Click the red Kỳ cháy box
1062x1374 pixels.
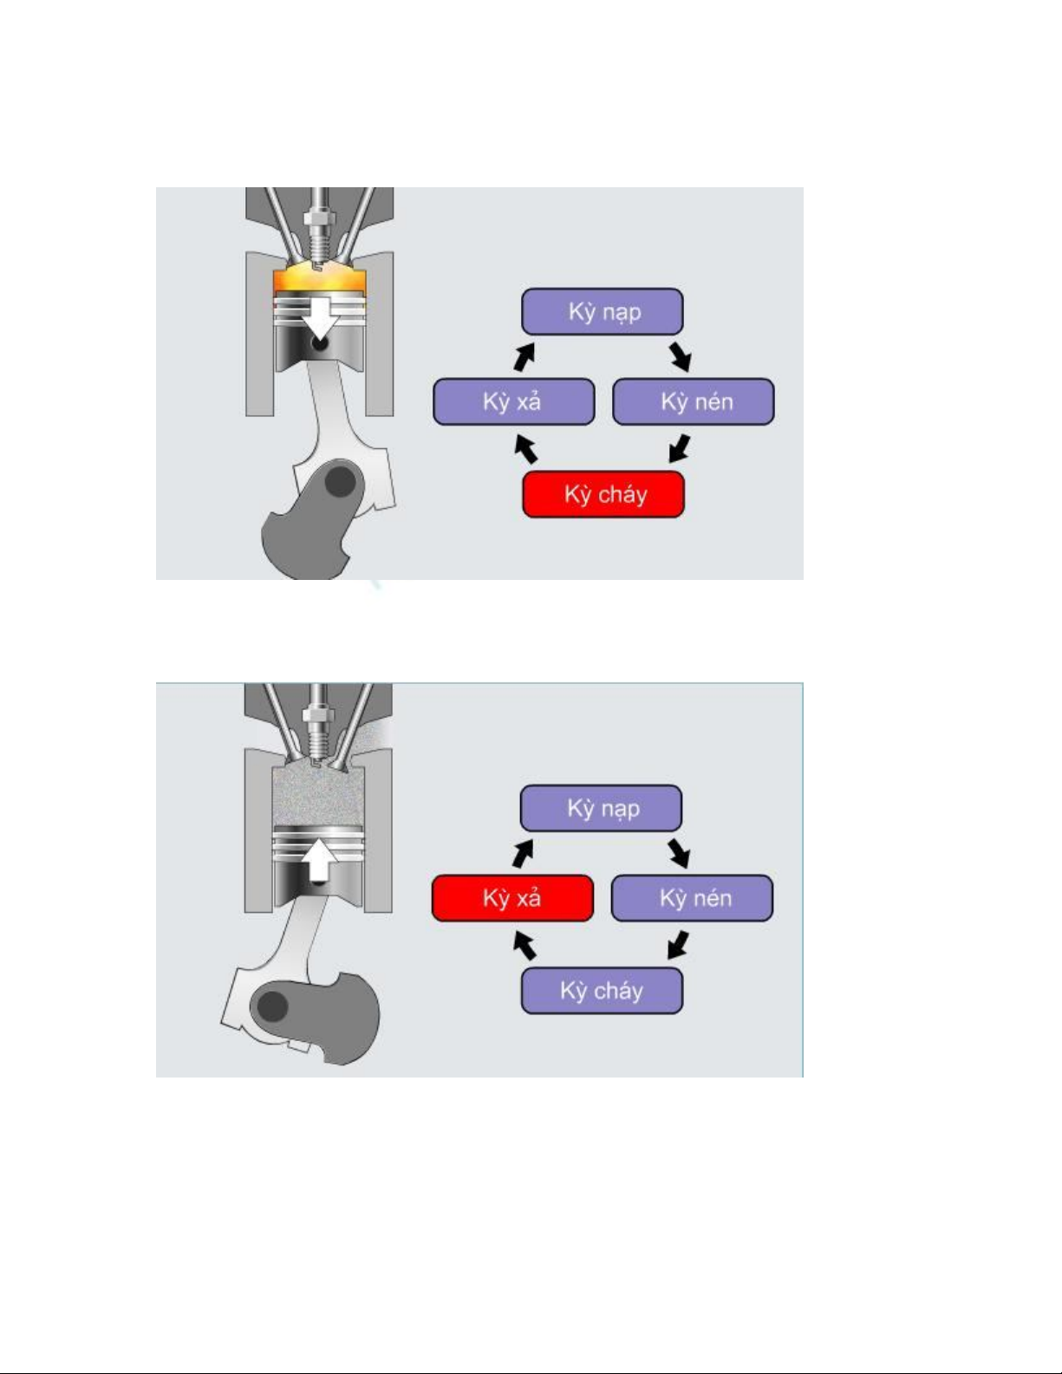tap(603, 494)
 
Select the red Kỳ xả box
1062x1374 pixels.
tap(512, 898)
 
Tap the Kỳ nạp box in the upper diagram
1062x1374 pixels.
tap(603, 312)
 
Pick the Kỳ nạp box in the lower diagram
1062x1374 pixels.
tap(601, 808)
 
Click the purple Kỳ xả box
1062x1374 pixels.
tap(514, 401)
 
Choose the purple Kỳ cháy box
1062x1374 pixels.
tap(602, 990)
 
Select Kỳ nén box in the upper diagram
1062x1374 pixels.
tap(694, 401)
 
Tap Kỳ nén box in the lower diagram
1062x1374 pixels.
tap(692, 898)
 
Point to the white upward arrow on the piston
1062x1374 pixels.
tap(319, 860)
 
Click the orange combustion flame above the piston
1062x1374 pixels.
tap(319, 278)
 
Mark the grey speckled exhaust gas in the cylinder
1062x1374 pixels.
tap(318, 796)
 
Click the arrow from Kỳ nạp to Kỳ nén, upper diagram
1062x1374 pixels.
tap(681, 356)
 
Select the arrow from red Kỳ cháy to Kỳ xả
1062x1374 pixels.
tap(525, 447)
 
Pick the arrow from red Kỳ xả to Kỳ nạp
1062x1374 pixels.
tap(524, 853)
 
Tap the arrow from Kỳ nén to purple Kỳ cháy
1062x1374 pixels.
tap(679, 944)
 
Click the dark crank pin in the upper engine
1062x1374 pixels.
tap(340, 481)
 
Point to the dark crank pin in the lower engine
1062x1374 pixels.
tap(273, 1006)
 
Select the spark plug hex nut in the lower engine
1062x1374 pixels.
tap(318, 715)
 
